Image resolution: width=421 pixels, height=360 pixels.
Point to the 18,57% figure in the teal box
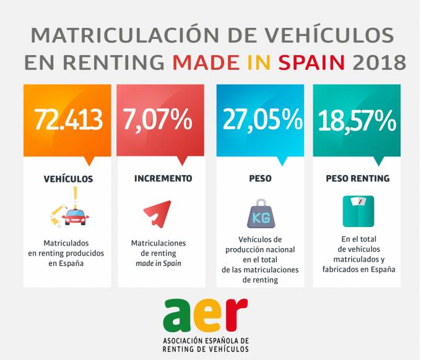point(357,120)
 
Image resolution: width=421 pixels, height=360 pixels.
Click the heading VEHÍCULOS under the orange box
point(68,179)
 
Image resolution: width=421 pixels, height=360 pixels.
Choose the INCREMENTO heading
point(163,178)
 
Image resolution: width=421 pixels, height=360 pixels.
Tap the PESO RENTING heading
point(357,178)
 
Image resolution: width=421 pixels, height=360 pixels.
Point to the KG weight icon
point(260,214)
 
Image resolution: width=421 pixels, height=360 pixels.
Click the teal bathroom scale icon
point(358,211)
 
